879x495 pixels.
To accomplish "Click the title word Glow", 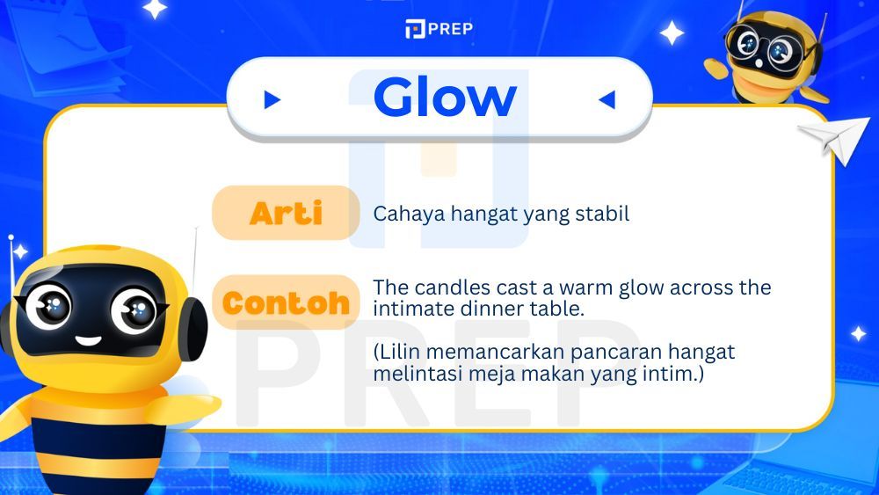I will pos(444,98).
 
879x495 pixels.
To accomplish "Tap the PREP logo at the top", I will pos(439,29).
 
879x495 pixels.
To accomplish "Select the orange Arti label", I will pos(286,213).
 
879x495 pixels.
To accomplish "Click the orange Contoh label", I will pos(286,303).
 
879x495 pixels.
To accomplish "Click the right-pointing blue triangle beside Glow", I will pos(272,100).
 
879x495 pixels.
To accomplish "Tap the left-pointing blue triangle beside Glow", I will pos(607,100).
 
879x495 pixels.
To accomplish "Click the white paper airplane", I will pos(832,136).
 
